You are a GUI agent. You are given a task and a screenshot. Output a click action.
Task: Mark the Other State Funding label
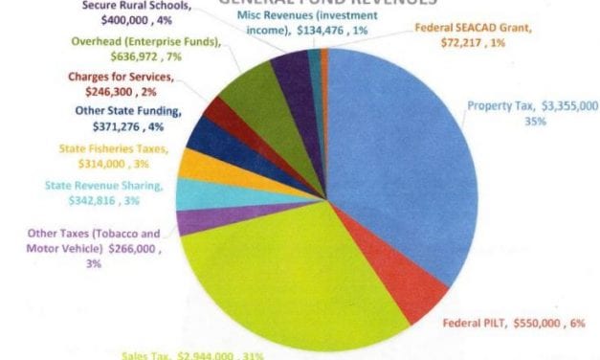[x=131, y=119]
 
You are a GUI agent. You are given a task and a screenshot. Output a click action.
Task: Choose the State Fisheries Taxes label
[x=103, y=155]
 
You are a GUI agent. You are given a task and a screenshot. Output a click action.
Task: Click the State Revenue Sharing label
[x=104, y=193]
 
